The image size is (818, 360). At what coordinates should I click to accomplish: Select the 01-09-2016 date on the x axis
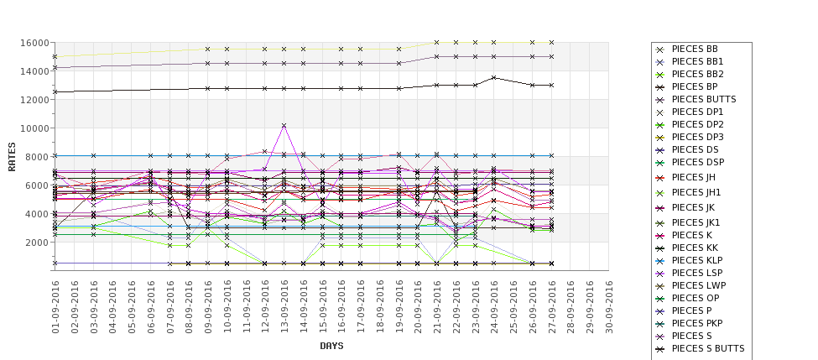(x=55, y=305)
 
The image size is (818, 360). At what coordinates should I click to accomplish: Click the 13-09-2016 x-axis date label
(x=284, y=305)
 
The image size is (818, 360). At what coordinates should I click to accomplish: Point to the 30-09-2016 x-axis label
(x=609, y=305)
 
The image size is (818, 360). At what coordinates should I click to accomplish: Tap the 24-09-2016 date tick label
(x=494, y=305)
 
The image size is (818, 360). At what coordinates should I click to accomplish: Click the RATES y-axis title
(x=12, y=156)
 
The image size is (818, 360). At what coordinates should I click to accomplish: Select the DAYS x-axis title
(x=331, y=346)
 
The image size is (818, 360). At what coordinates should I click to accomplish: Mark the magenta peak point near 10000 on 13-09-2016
(x=284, y=126)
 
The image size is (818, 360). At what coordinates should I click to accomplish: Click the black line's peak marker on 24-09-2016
(x=494, y=77)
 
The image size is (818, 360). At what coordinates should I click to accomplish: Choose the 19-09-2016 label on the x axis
(x=399, y=305)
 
